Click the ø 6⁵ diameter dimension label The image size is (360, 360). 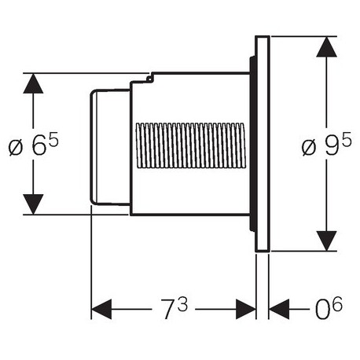point(34,144)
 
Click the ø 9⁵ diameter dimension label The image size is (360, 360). point(326,144)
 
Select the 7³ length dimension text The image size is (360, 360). point(174,308)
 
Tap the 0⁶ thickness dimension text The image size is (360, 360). point(329,308)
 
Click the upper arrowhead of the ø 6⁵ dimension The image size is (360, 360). point(33,83)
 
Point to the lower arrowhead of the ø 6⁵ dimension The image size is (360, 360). point(33,204)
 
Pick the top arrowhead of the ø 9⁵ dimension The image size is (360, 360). point(326,47)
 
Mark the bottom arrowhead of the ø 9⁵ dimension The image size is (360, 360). point(326,241)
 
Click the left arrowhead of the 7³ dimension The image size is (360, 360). point(101,309)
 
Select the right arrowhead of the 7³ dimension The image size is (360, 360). point(246,309)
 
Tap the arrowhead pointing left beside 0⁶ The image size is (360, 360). point(279,309)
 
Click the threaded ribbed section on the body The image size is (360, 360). point(191,145)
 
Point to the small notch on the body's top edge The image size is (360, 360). point(149,78)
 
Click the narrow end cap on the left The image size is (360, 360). point(110,147)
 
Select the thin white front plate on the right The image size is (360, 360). point(263,144)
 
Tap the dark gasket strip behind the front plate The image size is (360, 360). point(252,144)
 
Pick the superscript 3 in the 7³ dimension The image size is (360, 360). point(182,304)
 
